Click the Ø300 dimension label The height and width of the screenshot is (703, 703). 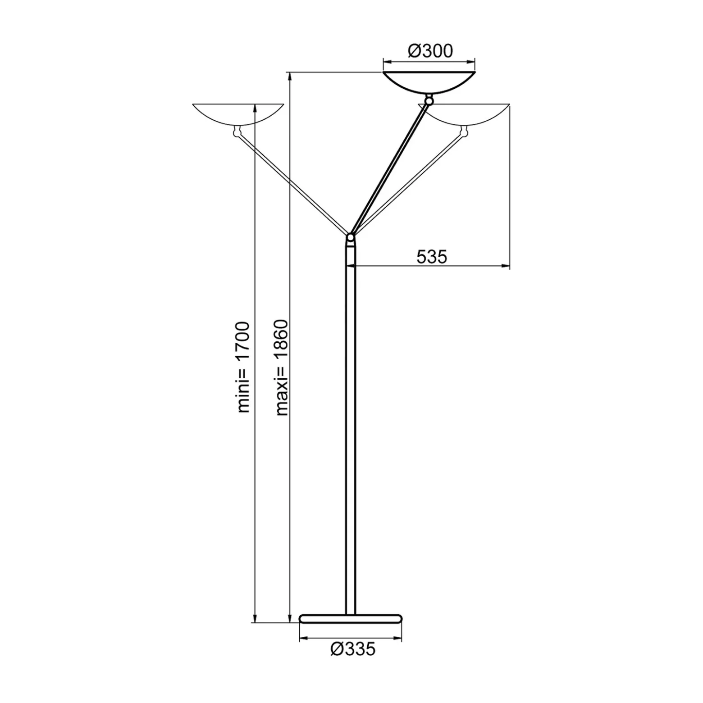[x=430, y=51]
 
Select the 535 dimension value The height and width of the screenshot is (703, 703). [x=432, y=257]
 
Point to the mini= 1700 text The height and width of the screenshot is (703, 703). [x=243, y=367]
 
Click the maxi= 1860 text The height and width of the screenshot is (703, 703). [x=282, y=367]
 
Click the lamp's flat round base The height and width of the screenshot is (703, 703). [x=351, y=618]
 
